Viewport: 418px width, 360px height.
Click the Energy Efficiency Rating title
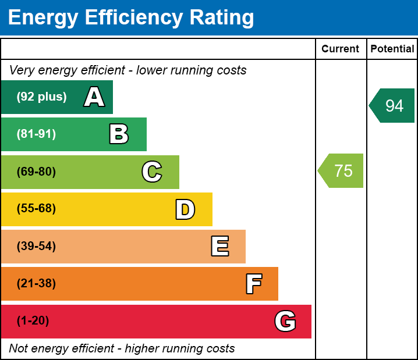tap(130, 17)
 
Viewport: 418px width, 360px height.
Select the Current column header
tap(341, 49)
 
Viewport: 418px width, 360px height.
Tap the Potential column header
tap(392, 49)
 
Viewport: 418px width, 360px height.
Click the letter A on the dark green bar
tap(94, 97)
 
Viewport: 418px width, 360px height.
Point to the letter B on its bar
tap(119, 134)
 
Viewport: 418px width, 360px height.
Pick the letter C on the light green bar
tap(152, 172)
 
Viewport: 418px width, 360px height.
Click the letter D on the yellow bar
tap(185, 209)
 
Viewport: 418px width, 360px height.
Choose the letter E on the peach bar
tap(219, 247)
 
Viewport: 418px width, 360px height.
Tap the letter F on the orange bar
tap(253, 284)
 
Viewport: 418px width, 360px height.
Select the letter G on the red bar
tap(285, 321)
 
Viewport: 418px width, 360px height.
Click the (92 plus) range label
tap(41, 97)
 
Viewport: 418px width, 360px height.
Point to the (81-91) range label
tap(36, 134)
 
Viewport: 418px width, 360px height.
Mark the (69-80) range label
tap(36, 172)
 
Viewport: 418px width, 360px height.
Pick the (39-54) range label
tap(36, 247)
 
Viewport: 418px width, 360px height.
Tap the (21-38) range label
tap(36, 284)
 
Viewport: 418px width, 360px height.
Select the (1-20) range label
tap(33, 321)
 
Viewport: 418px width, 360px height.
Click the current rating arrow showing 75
tap(342, 171)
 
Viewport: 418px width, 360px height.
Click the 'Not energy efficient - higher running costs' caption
tap(122, 349)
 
